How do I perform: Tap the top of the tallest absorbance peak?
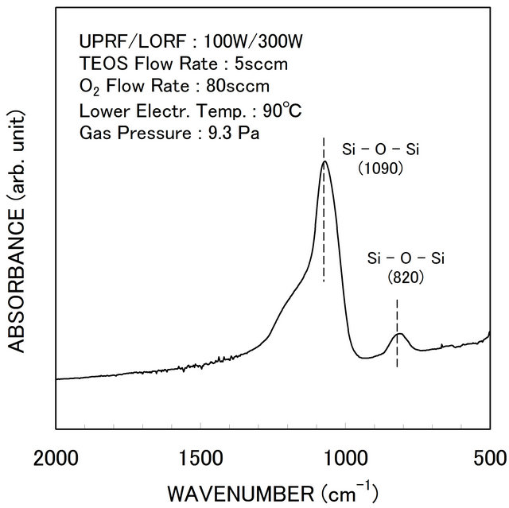pyautogui.click(x=324, y=162)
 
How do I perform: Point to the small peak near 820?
pyautogui.click(x=398, y=334)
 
